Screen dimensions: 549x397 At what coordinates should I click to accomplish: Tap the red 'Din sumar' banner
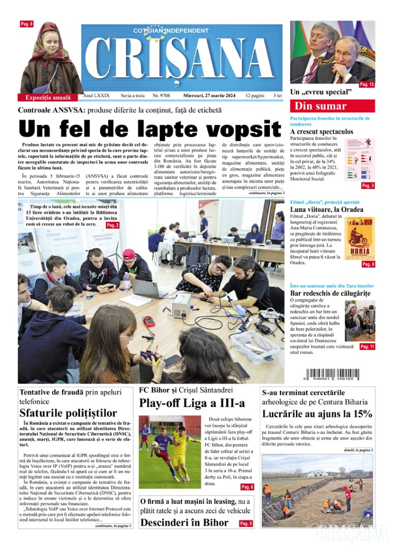(332, 106)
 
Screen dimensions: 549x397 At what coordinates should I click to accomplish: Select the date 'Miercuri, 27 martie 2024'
(211, 96)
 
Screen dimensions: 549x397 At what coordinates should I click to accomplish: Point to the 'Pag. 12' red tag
(367, 84)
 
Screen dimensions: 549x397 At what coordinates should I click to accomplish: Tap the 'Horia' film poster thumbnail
(359, 239)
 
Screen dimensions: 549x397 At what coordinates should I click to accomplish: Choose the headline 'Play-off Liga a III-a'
(192, 403)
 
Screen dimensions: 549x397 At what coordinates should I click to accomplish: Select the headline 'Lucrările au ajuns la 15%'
(317, 413)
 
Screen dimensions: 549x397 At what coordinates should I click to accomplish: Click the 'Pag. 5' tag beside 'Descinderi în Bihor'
(246, 523)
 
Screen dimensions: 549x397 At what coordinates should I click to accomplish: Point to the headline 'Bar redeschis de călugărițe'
(330, 293)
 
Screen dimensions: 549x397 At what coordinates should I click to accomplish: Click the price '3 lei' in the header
(278, 96)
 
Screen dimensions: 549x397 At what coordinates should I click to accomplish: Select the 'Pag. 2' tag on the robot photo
(112, 225)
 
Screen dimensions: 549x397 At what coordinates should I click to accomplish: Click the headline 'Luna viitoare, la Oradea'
(326, 209)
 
